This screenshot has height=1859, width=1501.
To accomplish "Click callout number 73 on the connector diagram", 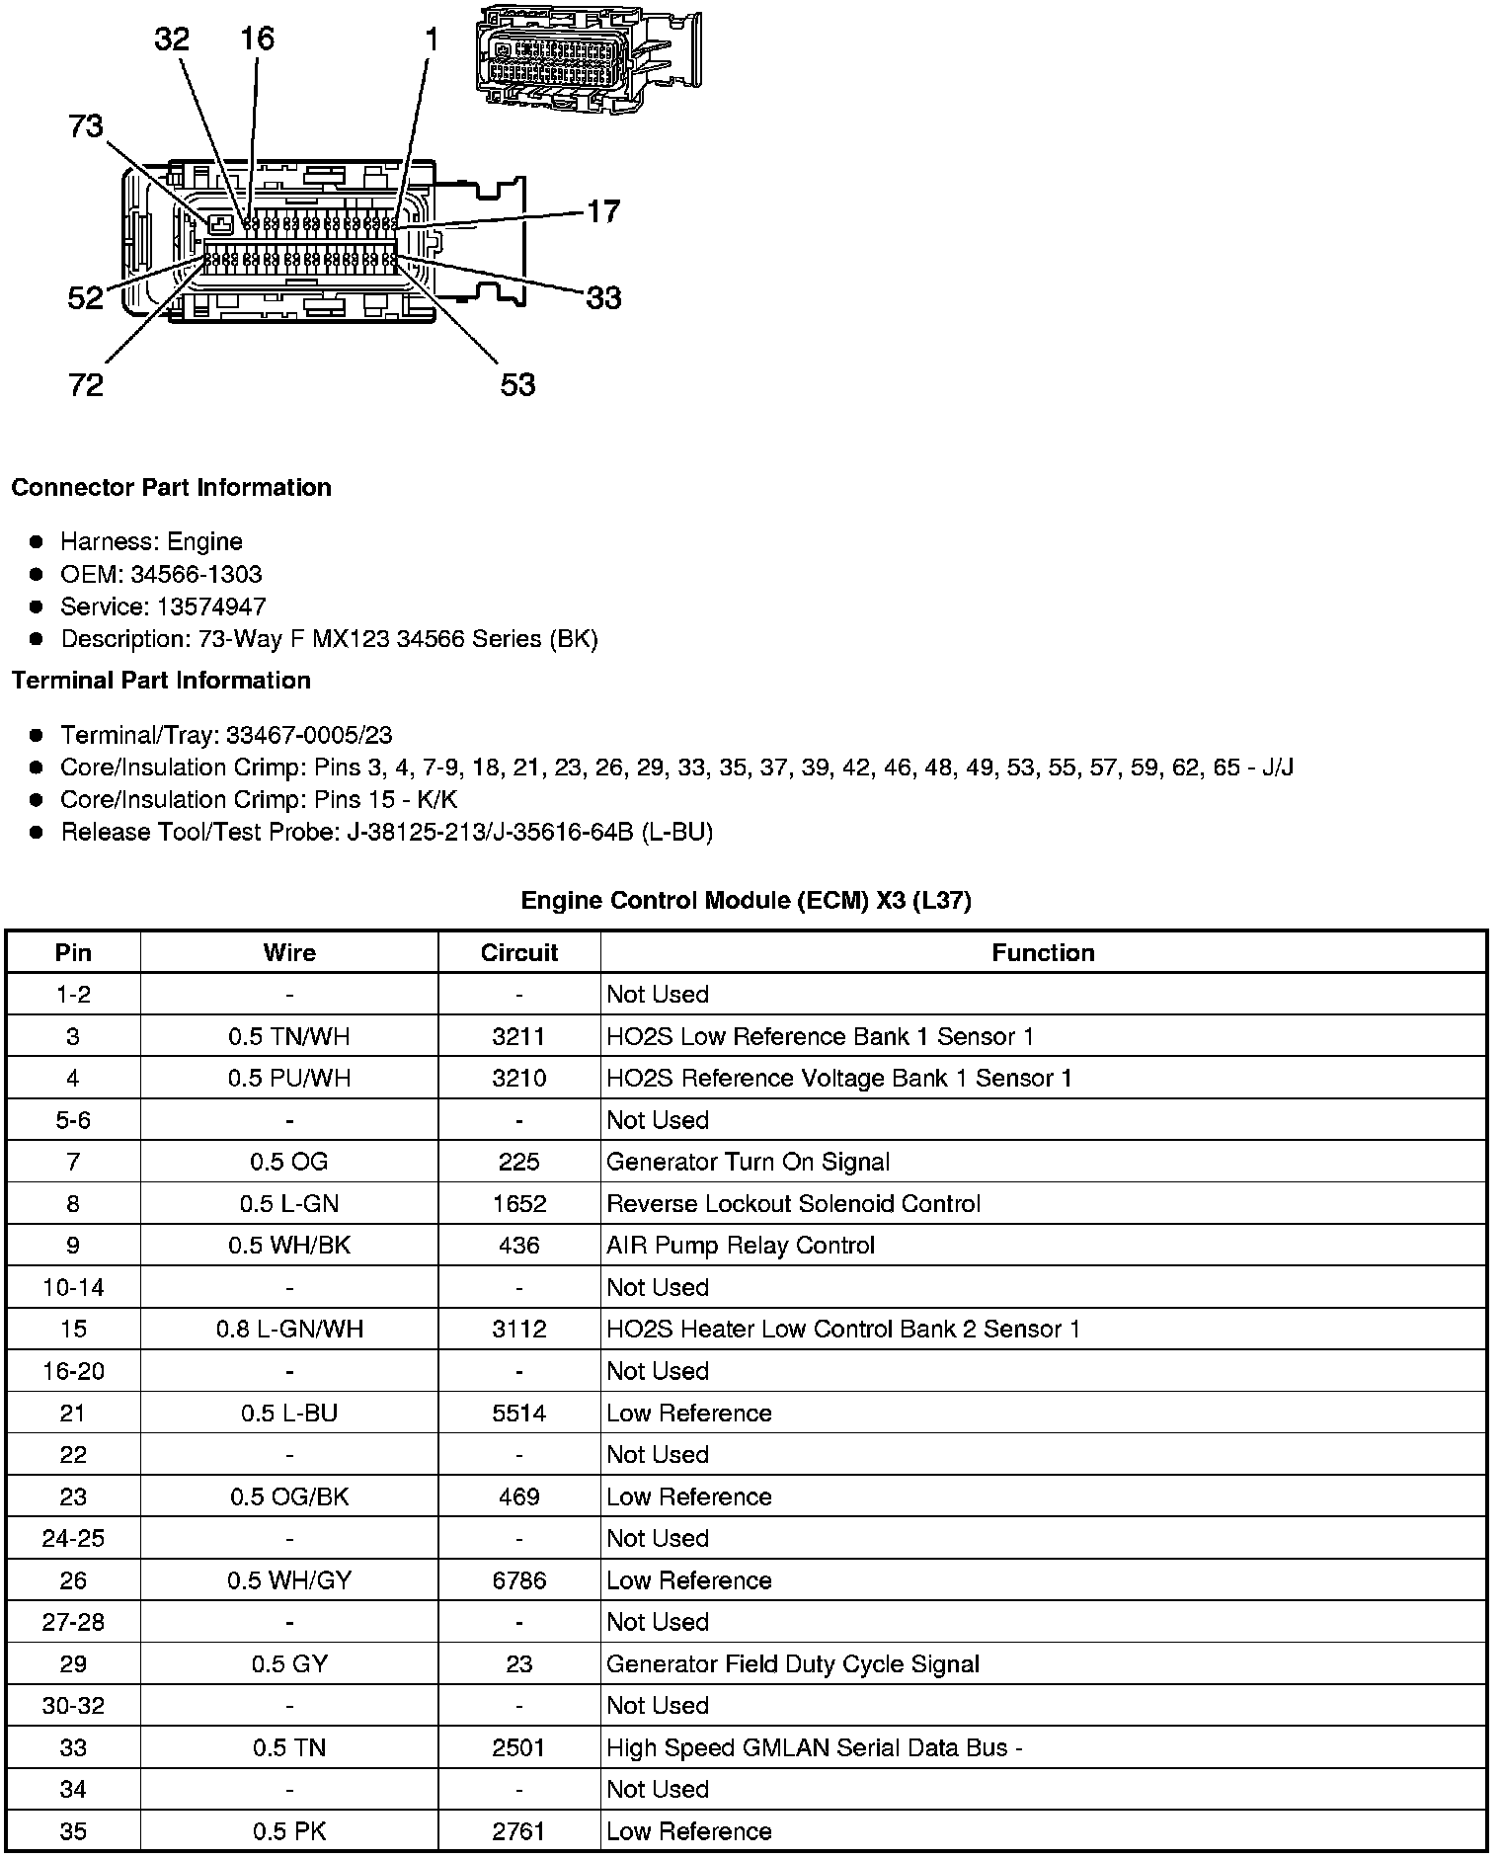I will (x=86, y=126).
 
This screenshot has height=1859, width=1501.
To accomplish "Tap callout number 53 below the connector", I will (x=517, y=384).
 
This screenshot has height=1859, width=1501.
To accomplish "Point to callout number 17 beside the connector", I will (x=603, y=211).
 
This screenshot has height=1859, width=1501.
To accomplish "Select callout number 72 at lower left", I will (x=86, y=384).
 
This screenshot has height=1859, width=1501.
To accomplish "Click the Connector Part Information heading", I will (x=171, y=488).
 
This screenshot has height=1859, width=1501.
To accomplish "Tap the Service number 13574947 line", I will (x=163, y=606).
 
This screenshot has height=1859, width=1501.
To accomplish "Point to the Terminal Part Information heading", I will (x=161, y=681).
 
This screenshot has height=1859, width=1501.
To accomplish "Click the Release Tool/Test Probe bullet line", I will (x=386, y=832).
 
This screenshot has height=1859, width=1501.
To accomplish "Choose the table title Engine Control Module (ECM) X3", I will (x=746, y=900).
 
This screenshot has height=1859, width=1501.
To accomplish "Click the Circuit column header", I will (x=519, y=952).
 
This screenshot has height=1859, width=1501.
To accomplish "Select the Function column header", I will (x=1043, y=952).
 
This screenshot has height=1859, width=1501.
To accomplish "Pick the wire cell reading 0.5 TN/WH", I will (x=289, y=1036).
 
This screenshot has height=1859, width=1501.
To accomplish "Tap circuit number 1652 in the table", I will (x=519, y=1203).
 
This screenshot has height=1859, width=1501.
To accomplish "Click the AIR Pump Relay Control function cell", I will (x=741, y=1245).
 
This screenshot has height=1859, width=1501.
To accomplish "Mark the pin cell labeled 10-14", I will (x=73, y=1287).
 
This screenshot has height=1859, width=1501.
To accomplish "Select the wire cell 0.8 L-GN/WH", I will (x=289, y=1329).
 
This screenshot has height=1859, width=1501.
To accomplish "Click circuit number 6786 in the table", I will (x=519, y=1579).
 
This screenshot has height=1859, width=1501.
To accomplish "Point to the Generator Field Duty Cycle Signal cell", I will (x=793, y=1663).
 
